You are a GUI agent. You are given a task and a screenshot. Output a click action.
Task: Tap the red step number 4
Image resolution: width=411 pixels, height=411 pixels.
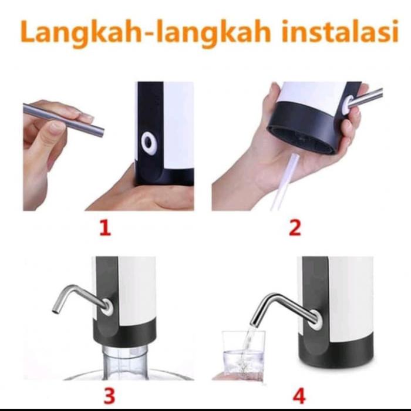click(x=299, y=395)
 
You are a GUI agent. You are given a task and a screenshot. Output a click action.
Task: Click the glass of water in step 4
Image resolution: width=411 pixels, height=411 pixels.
click(x=243, y=355)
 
